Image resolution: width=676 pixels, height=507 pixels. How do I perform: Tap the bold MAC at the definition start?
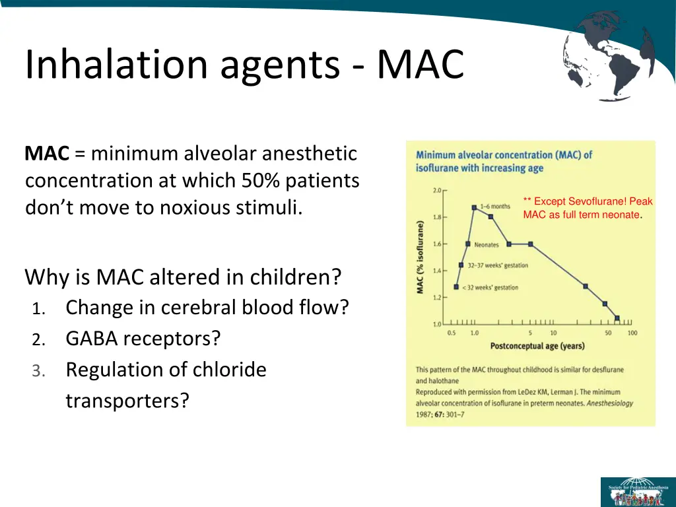point(47,154)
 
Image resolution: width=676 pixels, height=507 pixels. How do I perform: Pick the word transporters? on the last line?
point(127,400)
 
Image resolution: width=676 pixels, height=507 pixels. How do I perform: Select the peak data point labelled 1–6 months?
point(474,207)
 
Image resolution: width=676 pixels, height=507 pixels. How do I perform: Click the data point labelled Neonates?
point(468,244)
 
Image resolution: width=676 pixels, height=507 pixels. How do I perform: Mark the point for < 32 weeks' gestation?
point(456,287)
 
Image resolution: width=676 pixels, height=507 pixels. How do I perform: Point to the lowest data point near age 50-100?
point(617,318)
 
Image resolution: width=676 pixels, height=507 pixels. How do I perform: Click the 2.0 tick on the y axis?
point(438,190)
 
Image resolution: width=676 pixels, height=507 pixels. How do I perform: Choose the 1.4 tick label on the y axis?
point(438,271)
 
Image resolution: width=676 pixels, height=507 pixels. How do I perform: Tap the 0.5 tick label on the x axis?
point(452,333)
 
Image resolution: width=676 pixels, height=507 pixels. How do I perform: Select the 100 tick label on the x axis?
point(632,333)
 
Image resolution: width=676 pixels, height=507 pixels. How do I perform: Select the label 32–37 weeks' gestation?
point(498,265)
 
